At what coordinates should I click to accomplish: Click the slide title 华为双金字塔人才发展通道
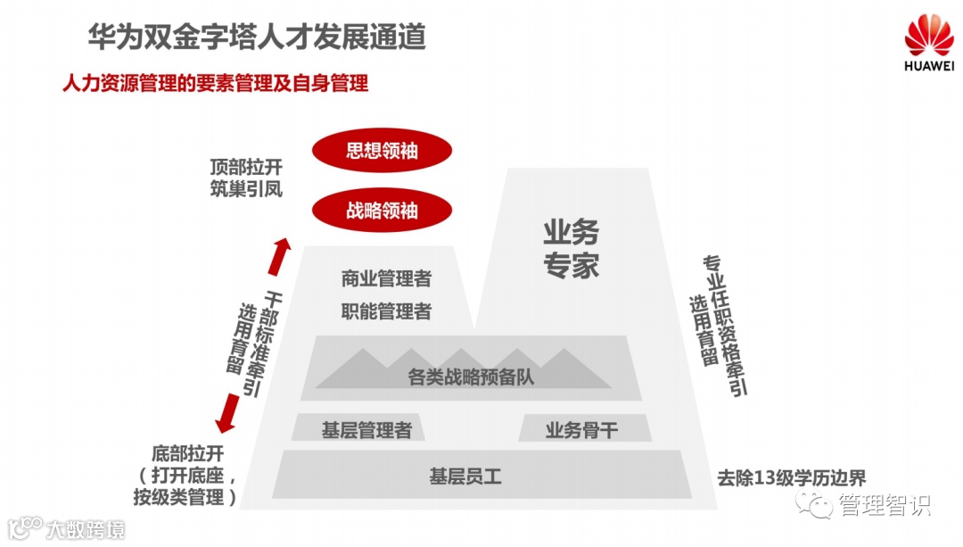257,37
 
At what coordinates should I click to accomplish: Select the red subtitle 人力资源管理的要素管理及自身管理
215,84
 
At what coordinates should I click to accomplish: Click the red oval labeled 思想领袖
382,152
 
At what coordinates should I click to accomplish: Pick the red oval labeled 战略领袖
382,211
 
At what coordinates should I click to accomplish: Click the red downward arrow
230,411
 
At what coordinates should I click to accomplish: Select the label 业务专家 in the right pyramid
572,249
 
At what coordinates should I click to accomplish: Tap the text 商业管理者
386,279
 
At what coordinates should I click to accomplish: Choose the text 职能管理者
386,311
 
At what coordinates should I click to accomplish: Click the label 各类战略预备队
471,377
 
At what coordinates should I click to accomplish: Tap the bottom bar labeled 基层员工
465,477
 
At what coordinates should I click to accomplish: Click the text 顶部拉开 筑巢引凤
246,178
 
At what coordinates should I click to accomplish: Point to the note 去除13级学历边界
792,477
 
